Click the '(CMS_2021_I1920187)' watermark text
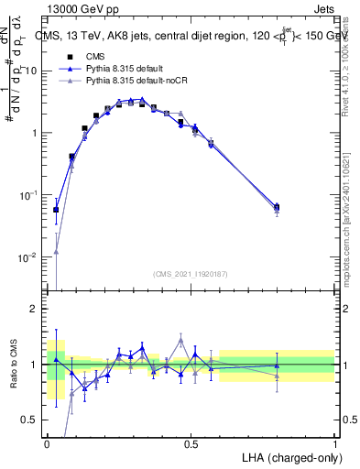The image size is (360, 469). coord(191,273)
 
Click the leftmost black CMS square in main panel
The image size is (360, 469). coord(56,210)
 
